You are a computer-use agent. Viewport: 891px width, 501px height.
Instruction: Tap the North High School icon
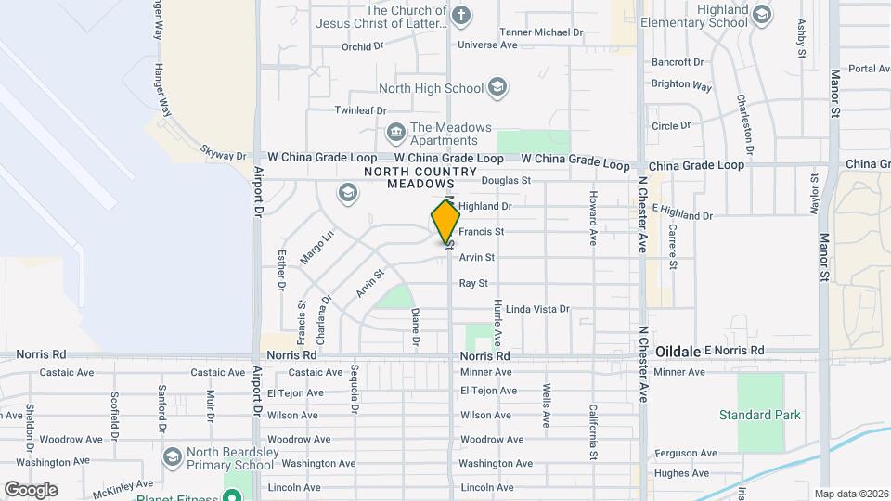click(x=497, y=88)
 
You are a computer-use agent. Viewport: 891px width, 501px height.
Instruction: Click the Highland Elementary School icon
click(x=762, y=14)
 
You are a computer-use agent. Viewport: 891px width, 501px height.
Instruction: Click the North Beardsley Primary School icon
click(x=172, y=456)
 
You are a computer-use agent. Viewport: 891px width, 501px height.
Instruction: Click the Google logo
click(x=31, y=490)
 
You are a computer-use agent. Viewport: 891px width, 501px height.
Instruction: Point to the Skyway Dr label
click(x=224, y=153)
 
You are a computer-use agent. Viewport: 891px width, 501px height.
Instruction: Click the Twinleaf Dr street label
click(x=361, y=110)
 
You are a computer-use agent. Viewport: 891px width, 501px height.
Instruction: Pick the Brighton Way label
click(x=681, y=84)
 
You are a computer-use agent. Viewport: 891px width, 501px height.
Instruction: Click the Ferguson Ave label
click(x=685, y=454)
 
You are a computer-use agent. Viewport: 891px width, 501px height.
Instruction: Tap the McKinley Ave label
click(x=124, y=484)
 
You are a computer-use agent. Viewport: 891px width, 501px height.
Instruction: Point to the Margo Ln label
click(x=316, y=248)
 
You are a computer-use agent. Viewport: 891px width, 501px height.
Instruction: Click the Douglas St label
click(x=506, y=181)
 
